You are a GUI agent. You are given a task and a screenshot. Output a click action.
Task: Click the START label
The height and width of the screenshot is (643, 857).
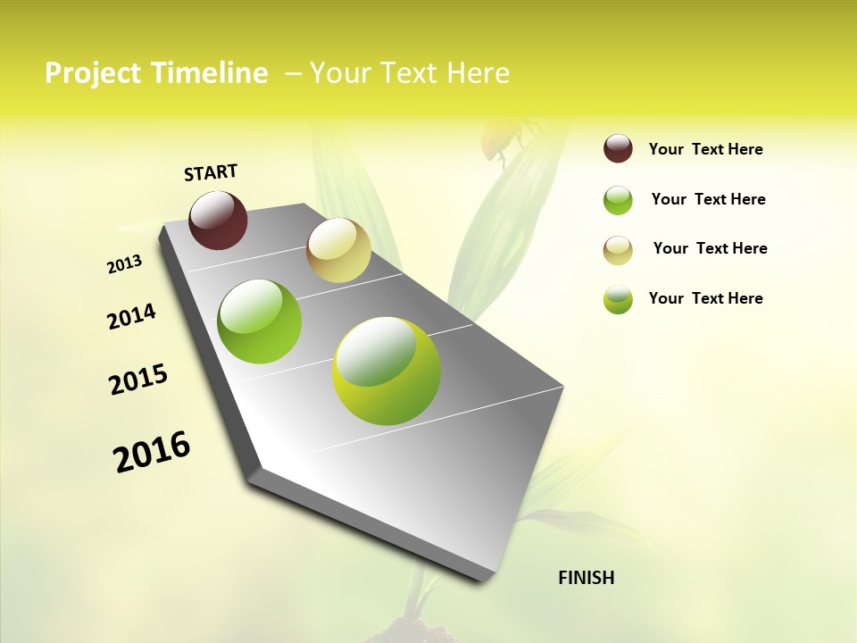coord(211,172)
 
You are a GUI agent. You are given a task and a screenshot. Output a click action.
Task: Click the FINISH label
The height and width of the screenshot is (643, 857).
coord(586,578)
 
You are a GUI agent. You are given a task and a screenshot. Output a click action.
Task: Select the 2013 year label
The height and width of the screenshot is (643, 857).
coord(124,264)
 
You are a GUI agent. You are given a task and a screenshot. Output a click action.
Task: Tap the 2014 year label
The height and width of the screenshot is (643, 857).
coord(131,316)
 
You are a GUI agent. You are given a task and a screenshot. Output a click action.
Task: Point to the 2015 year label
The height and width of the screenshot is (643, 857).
coord(138,380)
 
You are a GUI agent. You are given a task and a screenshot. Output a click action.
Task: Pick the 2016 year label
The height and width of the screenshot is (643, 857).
coord(152,452)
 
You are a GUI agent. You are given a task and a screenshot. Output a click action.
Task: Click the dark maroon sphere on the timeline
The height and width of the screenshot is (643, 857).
coord(218,220)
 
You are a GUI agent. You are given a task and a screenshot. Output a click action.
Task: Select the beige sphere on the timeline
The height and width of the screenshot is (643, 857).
coord(338,250)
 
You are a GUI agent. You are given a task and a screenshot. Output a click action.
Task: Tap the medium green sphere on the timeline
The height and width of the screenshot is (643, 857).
coord(260,321)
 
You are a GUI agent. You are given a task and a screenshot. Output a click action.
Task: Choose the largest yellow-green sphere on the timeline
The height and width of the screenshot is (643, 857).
coord(387,371)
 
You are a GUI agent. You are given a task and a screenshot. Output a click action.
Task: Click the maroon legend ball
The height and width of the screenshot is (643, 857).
coord(618,149)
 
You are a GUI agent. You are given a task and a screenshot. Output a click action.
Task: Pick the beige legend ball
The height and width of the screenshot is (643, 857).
coord(618,250)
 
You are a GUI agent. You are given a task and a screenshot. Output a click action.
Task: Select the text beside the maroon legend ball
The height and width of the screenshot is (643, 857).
coord(705,149)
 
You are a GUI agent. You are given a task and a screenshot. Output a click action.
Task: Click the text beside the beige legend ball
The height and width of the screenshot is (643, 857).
coord(710,248)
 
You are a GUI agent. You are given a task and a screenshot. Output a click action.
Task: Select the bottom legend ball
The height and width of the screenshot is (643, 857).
coord(618,299)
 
